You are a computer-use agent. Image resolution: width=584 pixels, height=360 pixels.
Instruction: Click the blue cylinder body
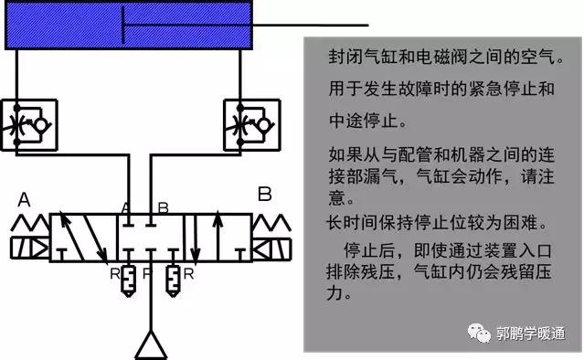coord(128,26)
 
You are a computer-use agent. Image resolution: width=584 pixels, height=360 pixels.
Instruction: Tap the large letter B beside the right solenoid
coord(265,195)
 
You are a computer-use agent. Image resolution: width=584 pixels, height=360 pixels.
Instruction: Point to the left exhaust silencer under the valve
coord(128,279)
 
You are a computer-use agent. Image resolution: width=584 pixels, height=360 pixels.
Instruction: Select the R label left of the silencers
coord(113,272)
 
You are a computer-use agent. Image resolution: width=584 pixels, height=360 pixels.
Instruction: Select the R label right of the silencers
coord(187,272)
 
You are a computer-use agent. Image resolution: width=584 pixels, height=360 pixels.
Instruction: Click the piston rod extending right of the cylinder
coord(311,25)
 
